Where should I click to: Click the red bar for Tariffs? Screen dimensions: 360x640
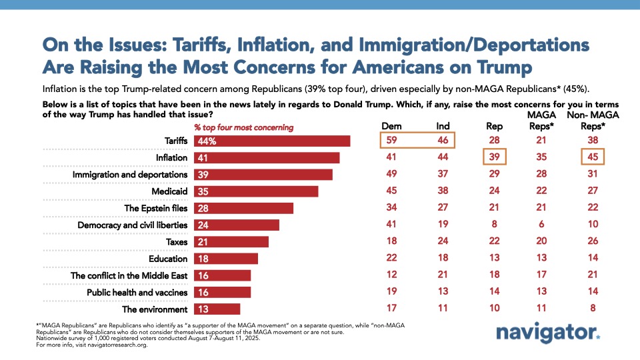click(272, 141)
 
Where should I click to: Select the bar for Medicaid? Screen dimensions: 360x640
click(256, 191)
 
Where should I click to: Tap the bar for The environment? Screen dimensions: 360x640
click(217, 309)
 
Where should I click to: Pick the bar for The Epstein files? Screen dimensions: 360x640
click(244, 208)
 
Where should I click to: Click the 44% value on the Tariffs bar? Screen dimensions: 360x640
click(207, 141)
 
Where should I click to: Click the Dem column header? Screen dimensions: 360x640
click(391, 125)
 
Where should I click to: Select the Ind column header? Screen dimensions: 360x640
click(443, 125)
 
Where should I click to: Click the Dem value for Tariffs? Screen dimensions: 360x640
click(391, 141)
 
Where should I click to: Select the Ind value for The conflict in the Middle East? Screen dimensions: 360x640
click(443, 275)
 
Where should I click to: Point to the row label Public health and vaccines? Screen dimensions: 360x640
click(137, 292)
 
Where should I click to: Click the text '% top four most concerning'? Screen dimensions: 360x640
click(243, 127)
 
